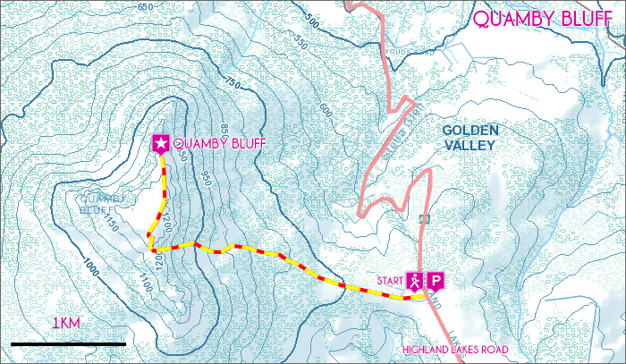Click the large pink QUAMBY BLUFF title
[543, 19]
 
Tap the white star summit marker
[161, 143]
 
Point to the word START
[390, 280]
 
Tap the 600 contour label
[325, 110]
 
